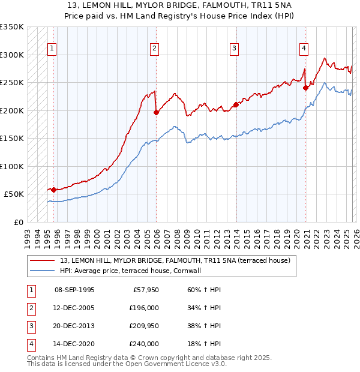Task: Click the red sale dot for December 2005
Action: pos(156,112)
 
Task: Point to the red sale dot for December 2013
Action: pos(236,104)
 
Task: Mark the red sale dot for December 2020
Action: pos(305,88)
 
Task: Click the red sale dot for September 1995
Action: pos(54,190)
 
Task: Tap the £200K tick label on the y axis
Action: pos(11,110)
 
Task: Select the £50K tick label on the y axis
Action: pos(14,194)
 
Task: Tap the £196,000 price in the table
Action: pos(144,308)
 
